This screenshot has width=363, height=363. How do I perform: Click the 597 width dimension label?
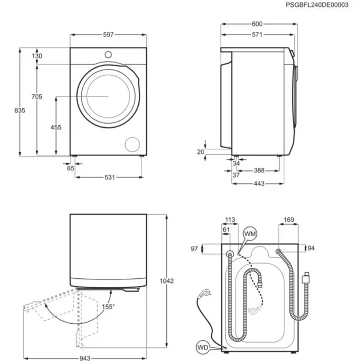coord(108,35)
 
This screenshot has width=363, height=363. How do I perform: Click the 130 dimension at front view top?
coord(36,56)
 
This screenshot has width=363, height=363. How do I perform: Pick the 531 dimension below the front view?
coord(110,177)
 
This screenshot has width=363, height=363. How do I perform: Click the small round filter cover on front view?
coord(133,144)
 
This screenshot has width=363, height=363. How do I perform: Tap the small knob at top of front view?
coord(108,54)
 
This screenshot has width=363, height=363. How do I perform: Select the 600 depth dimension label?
coord(257,24)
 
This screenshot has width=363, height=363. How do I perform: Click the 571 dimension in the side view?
coord(257,35)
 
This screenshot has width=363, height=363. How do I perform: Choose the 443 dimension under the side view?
coord(259,184)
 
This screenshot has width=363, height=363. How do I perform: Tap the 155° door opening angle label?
coord(109,306)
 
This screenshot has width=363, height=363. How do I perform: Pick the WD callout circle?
coord(203,347)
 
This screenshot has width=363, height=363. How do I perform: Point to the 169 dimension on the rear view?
coord(289,219)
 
